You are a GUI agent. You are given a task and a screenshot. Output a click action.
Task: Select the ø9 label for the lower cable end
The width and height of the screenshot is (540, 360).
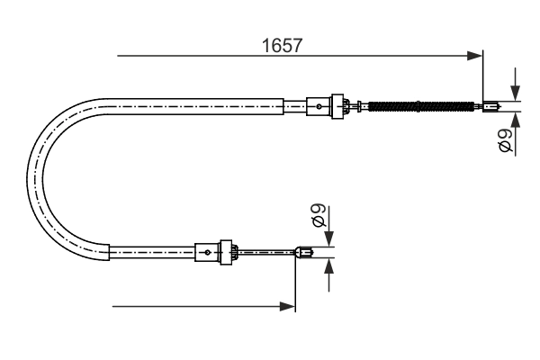317,218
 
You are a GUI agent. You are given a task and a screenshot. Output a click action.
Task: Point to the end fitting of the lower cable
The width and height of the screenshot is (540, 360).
306,253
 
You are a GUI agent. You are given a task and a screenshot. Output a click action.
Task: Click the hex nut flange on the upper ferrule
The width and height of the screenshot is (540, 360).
340,106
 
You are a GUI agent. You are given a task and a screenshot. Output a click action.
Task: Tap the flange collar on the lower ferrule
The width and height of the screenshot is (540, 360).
229,253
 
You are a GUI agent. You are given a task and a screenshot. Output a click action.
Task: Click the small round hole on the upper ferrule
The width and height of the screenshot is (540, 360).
319,106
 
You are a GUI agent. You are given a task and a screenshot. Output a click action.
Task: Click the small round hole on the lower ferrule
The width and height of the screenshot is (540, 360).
208,253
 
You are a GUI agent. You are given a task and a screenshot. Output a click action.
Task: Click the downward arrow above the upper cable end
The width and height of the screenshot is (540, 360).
514,93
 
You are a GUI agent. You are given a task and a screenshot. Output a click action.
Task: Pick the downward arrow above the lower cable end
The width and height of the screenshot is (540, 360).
329,238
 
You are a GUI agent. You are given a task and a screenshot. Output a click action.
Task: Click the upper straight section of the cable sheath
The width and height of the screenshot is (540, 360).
198,106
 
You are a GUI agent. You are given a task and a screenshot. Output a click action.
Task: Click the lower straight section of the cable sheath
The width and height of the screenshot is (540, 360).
153,253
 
